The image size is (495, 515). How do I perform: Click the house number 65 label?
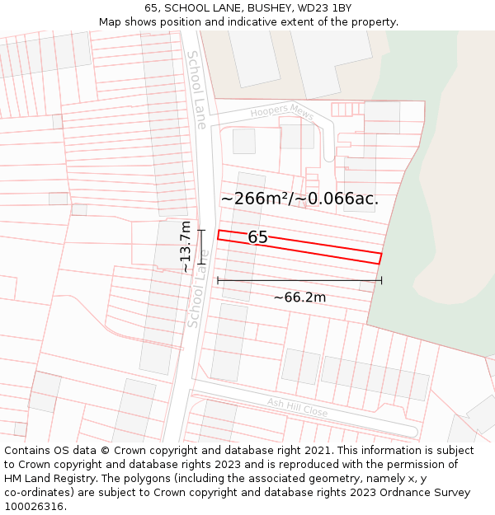tap(257, 237)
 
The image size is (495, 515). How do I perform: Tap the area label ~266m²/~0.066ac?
tap(299, 199)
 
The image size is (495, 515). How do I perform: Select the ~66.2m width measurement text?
tap(299, 297)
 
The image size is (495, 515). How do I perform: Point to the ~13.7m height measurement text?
tap(186, 246)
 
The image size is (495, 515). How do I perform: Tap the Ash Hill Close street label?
tap(297, 406)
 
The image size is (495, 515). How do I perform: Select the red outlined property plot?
tap(313, 247)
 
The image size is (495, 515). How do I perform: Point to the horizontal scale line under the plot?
tap(299, 281)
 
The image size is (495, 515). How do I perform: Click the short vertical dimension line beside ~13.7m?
tap(200, 246)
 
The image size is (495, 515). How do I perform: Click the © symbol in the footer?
tap(104, 451)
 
